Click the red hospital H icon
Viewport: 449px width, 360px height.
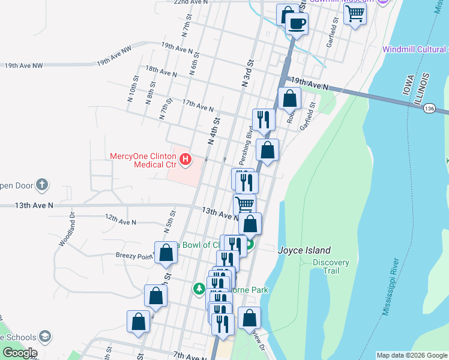pyautogui.click(x=186, y=159)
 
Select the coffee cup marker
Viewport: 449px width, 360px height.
pyautogui.click(x=296, y=24)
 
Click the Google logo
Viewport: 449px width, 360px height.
pyautogui.click(x=20, y=352)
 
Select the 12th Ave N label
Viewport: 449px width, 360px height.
pyautogui.click(x=120, y=220)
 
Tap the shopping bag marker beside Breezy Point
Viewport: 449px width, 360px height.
pyautogui.click(x=166, y=253)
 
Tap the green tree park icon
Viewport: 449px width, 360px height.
pyautogui.click(x=199, y=289)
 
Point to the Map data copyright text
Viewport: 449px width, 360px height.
pyautogui.click(x=411, y=355)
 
